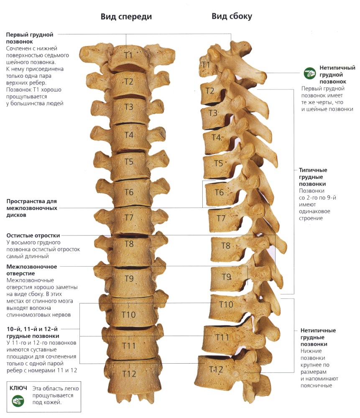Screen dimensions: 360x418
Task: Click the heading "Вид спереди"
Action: (x=126, y=17)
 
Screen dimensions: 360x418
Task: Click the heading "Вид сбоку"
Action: (x=232, y=16)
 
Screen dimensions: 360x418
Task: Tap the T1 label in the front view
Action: (x=128, y=56)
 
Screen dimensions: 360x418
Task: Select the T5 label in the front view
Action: (x=129, y=162)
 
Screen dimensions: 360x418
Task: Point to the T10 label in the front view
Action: (x=128, y=315)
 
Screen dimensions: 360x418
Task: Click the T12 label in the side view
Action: (x=216, y=370)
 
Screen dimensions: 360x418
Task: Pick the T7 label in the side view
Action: (x=221, y=218)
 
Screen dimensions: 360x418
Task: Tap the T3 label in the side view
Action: (x=213, y=113)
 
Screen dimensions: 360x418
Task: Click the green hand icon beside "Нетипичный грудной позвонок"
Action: (x=309, y=73)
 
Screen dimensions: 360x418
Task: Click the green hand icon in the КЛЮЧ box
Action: (x=18, y=401)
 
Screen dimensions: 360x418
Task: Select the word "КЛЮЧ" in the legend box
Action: (x=18, y=388)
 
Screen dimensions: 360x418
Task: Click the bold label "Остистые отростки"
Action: (x=33, y=235)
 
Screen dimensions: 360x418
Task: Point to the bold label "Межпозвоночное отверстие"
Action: (x=32, y=270)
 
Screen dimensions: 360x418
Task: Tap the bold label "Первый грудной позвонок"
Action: (x=30, y=38)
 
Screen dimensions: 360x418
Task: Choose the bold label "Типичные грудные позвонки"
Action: (x=313, y=177)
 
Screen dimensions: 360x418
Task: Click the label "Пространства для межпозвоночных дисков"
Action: (x=32, y=208)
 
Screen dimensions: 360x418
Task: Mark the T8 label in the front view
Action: (x=129, y=244)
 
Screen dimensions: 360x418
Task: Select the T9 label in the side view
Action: (x=226, y=277)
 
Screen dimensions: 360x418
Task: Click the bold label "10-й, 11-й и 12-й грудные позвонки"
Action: (x=33, y=332)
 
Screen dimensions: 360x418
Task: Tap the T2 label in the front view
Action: (x=128, y=82)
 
